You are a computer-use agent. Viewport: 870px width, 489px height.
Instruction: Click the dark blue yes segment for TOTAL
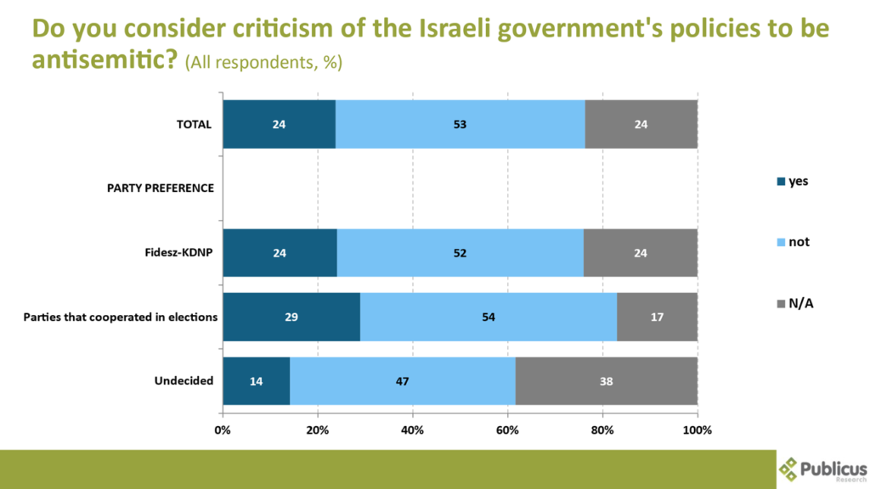(279, 124)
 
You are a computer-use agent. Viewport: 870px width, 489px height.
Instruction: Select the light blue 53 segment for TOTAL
(460, 124)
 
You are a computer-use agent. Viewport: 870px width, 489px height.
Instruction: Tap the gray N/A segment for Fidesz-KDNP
(640, 253)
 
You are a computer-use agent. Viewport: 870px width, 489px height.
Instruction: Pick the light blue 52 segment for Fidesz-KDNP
(460, 253)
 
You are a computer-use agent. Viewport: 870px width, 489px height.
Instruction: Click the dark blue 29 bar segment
(291, 317)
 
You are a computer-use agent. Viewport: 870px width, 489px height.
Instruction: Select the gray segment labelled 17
(657, 317)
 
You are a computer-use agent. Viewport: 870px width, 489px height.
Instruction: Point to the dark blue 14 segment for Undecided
(256, 381)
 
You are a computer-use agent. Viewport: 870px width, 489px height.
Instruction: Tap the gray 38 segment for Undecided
(607, 381)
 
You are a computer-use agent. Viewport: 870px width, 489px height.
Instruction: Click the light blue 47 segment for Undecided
(403, 381)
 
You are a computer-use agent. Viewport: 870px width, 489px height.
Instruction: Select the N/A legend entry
(792, 303)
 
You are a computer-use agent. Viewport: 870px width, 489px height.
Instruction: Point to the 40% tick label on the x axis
(412, 430)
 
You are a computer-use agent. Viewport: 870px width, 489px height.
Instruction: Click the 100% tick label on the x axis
(698, 430)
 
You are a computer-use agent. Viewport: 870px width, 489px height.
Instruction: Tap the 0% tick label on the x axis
(223, 430)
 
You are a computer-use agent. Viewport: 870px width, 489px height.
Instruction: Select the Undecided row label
(184, 381)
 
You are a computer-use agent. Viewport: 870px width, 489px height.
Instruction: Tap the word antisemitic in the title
(101, 61)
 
